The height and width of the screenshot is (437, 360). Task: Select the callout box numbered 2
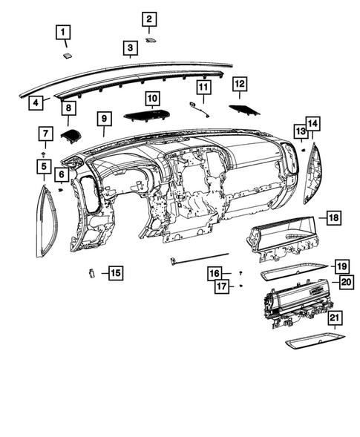point(149,19)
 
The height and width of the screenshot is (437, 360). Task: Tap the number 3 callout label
point(130,50)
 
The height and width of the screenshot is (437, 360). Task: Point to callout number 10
point(152,98)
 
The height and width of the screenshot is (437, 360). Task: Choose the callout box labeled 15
point(115,273)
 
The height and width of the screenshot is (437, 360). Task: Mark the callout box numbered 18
point(333,217)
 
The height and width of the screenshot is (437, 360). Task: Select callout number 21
point(336,320)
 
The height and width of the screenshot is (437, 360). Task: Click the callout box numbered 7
point(46,134)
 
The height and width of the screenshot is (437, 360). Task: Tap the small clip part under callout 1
point(67,53)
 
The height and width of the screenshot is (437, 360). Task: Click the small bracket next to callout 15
point(91,272)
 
